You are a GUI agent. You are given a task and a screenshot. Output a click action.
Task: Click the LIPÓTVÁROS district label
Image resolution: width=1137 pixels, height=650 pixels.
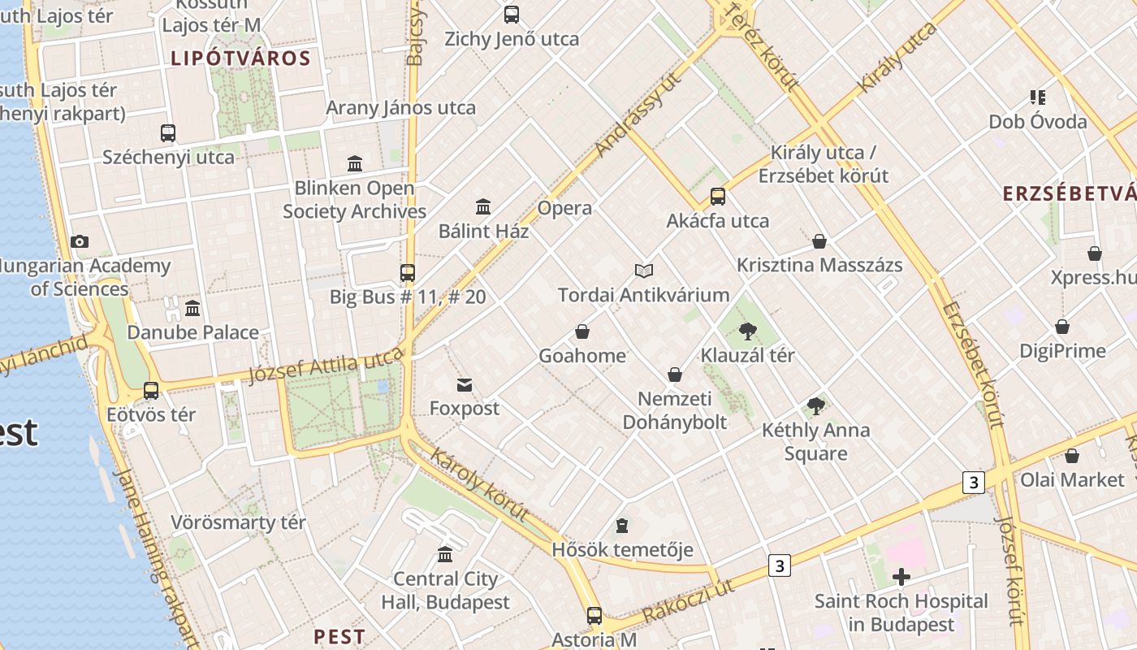(x=240, y=58)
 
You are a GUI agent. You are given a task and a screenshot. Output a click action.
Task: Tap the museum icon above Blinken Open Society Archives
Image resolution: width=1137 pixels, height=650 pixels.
(x=355, y=164)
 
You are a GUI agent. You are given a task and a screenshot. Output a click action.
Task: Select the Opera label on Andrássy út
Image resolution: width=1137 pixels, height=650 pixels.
(x=564, y=208)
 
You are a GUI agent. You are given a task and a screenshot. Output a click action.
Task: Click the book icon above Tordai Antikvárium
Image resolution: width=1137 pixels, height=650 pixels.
(x=644, y=271)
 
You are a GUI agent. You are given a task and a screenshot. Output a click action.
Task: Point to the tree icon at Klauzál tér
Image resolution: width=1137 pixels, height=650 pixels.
(x=748, y=331)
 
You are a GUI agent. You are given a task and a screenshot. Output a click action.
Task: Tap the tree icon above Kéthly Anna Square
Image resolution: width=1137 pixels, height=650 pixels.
(x=816, y=406)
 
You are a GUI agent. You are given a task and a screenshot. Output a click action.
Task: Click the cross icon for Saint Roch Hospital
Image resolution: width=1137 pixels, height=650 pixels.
(x=901, y=577)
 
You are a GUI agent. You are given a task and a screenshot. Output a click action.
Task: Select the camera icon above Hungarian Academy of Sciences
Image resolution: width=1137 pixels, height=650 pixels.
(x=80, y=241)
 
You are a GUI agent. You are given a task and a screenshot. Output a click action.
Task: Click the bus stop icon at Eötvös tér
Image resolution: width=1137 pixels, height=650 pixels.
(x=151, y=391)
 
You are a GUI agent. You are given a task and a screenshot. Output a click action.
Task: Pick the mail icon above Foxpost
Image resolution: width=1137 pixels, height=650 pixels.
(x=465, y=384)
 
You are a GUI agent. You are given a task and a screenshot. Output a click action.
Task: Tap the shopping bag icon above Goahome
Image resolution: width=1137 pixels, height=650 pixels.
(x=582, y=331)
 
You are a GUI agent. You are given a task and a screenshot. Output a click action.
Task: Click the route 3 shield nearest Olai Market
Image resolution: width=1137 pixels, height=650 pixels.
(x=974, y=482)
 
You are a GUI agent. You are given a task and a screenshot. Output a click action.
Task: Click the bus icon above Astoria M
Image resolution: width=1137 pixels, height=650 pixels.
(x=594, y=616)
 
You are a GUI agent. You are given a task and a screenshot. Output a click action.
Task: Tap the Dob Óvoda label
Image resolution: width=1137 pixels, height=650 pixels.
(x=1037, y=122)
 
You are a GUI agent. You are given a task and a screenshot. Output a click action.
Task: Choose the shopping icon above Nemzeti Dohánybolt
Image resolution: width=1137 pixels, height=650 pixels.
(x=674, y=375)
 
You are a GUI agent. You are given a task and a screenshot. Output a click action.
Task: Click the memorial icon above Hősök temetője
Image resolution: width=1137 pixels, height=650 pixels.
(x=622, y=526)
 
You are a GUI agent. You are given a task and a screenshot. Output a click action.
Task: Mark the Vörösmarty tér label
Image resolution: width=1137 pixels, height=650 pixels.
(x=238, y=522)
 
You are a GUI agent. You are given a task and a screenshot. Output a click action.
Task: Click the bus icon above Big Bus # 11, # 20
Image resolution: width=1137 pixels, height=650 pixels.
(x=408, y=273)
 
